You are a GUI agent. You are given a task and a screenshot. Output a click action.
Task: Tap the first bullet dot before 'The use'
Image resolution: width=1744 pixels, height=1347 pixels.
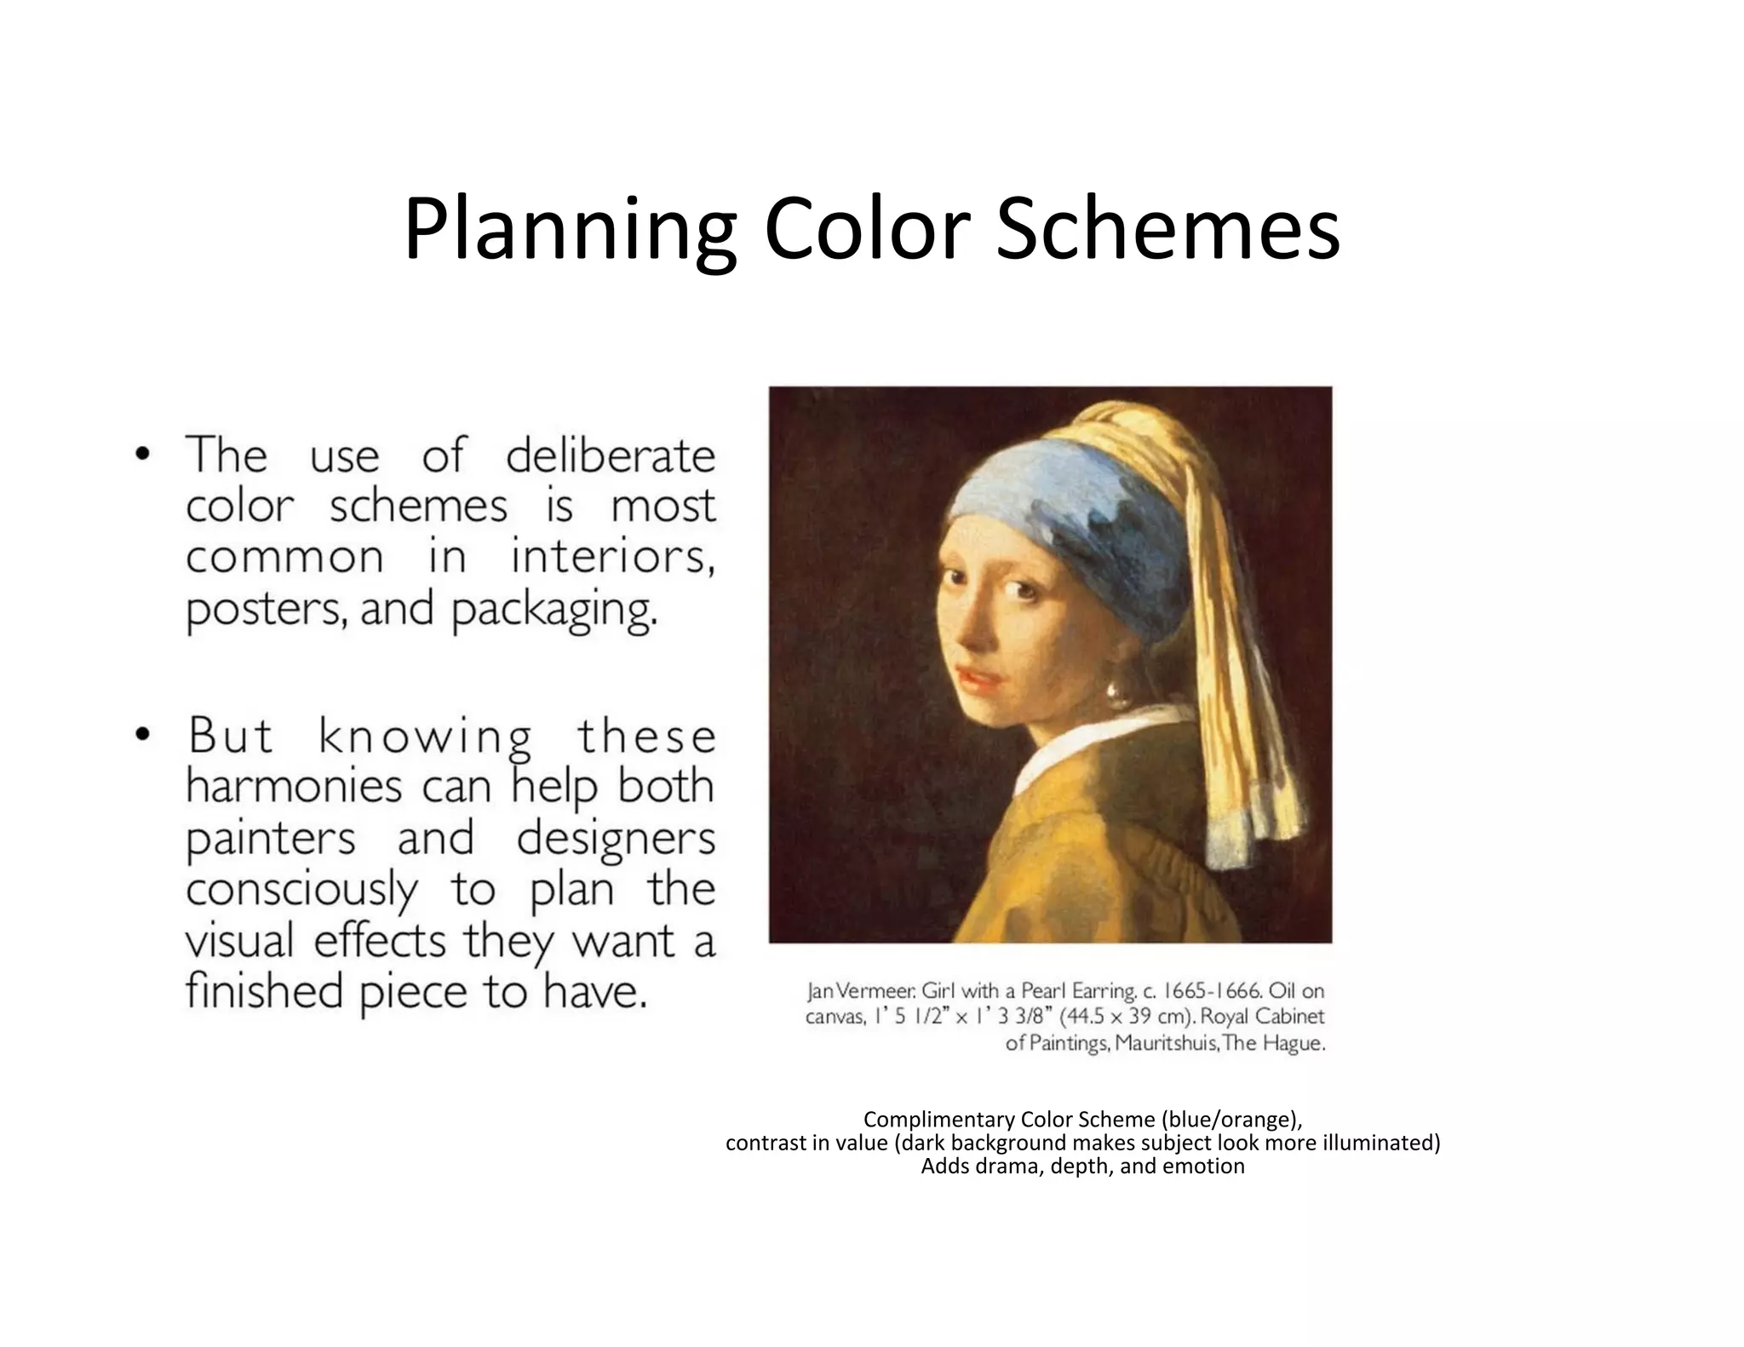click(x=142, y=454)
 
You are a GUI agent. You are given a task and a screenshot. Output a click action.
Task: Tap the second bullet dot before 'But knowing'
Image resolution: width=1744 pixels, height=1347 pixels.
click(x=142, y=734)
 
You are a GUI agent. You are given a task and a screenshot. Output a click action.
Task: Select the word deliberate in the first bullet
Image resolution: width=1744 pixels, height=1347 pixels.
click(x=610, y=456)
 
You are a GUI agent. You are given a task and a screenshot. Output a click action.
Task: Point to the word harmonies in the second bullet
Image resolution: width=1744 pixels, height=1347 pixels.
click(x=293, y=787)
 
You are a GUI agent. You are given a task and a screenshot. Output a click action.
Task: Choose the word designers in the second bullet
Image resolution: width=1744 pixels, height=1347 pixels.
click(x=615, y=838)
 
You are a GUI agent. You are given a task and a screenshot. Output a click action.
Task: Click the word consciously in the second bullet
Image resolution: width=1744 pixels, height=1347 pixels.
click(x=301, y=891)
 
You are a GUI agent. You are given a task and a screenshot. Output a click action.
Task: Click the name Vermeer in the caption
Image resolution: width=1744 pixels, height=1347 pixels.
click(x=870, y=992)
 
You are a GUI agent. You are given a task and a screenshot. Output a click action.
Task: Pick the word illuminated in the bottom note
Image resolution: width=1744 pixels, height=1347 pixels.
click(x=1380, y=1143)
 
